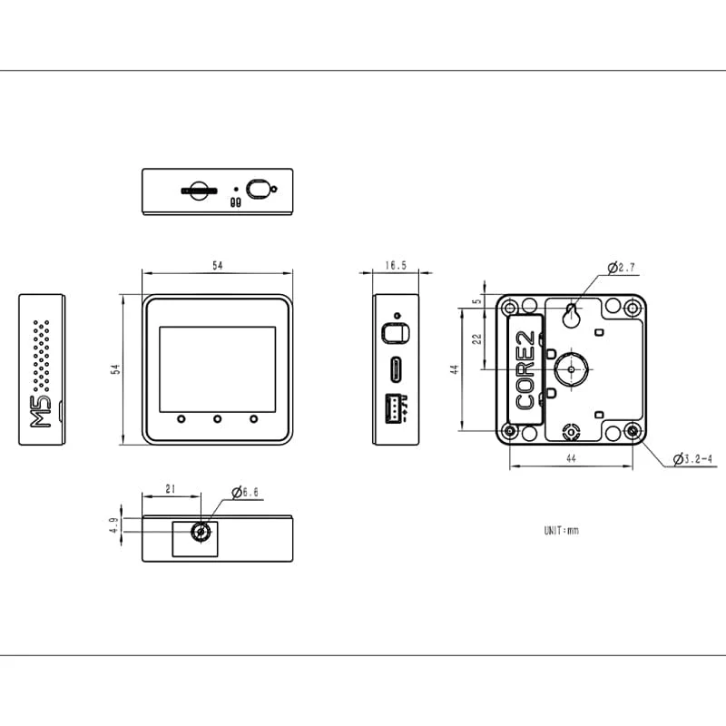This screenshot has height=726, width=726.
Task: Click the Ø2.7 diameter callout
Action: [625, 268]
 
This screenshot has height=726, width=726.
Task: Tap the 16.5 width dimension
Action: [396, 266]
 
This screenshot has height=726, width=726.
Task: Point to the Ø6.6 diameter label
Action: [245, 493]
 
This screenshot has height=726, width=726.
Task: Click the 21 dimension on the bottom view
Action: [171, 489]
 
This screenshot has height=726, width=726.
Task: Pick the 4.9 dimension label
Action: [113, 525]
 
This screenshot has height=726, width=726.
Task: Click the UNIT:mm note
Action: [560, 530]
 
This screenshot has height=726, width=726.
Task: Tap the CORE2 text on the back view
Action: [525, 370]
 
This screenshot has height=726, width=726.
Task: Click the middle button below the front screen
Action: [218, 419]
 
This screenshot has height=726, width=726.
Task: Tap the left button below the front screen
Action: [181, 419]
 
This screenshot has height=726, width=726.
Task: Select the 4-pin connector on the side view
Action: [396, 409]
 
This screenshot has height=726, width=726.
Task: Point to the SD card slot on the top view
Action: [198, 191]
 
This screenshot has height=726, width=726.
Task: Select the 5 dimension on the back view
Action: [476, 301]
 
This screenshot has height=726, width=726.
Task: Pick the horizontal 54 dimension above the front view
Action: [217, 266]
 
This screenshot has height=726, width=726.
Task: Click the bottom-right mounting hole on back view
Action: [633, 431]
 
